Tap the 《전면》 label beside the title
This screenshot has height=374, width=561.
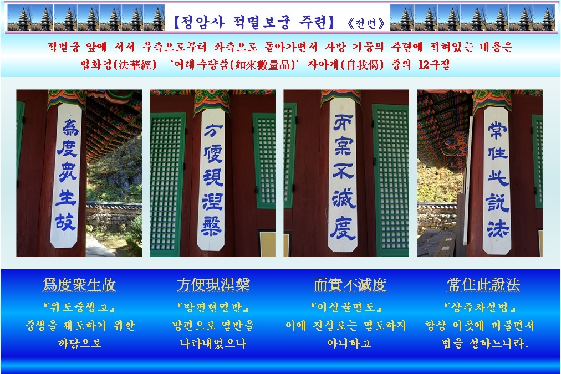[366, 24]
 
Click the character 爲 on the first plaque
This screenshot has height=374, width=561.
[69, 127]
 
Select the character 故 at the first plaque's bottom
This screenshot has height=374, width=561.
[65, 222]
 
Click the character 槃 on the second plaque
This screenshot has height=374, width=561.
[212, 227]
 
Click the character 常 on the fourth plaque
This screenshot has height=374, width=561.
[498, 130]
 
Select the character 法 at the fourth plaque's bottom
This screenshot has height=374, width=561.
[498, 228]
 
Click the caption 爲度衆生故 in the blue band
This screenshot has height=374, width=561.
[79, 285]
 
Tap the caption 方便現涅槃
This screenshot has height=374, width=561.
[213, 285]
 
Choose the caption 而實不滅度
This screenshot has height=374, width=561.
[350, 285]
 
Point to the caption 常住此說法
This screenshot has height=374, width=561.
[483, 285]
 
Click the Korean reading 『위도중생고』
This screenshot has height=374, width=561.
[79, 307]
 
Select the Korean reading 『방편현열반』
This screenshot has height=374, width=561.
[213, 307]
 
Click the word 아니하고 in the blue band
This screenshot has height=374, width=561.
[349, 344]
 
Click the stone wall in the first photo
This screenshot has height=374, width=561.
[114, 214]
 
